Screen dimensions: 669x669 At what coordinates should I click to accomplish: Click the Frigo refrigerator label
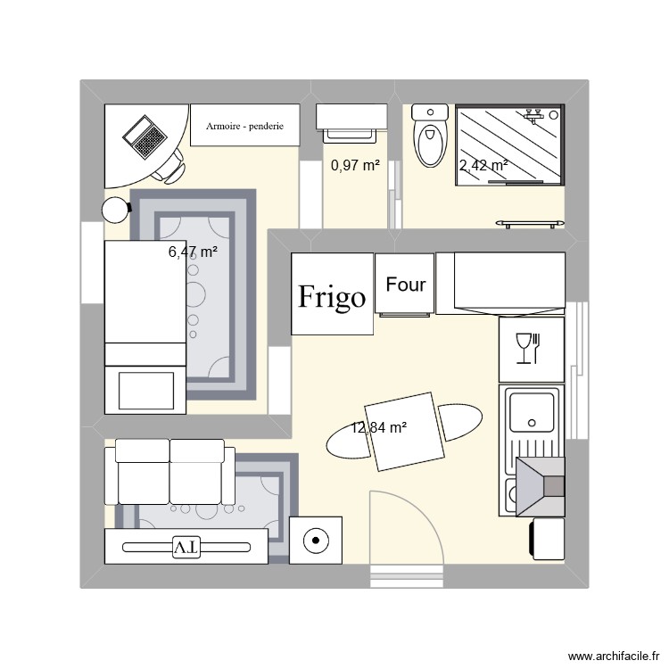coord(332,296)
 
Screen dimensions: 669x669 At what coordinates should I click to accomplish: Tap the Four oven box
coord(405,285)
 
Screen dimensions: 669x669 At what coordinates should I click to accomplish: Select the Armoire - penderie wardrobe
coord(244,127)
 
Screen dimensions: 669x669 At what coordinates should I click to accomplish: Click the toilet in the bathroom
coord(430,139)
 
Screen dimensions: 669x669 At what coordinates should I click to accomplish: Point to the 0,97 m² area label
coord(355,165)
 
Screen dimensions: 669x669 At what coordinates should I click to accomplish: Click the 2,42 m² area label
coord(483,165)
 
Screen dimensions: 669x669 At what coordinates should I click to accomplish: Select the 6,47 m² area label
coord(194,252)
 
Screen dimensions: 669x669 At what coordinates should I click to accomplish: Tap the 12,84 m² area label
coord(379,428)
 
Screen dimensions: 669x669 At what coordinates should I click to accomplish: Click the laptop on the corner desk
coord(145,136)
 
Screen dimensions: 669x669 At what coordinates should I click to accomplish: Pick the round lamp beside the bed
coord(115,210)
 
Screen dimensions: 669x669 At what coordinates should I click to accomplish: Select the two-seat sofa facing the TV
coord(169,473)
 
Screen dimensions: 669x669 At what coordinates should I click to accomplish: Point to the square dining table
coord(406,433)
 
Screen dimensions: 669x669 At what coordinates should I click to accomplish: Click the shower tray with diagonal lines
coord(510,145)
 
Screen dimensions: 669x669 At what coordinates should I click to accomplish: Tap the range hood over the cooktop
coord(541,486)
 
